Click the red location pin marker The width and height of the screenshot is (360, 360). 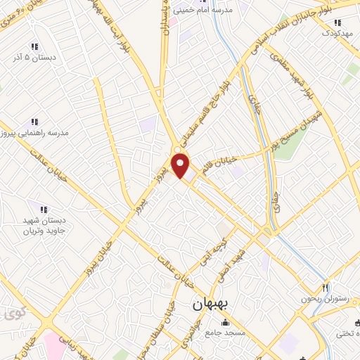point(181,166)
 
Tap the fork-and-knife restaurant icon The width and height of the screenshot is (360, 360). point(325,287)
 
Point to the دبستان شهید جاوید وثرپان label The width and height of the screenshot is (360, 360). point(44,226)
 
